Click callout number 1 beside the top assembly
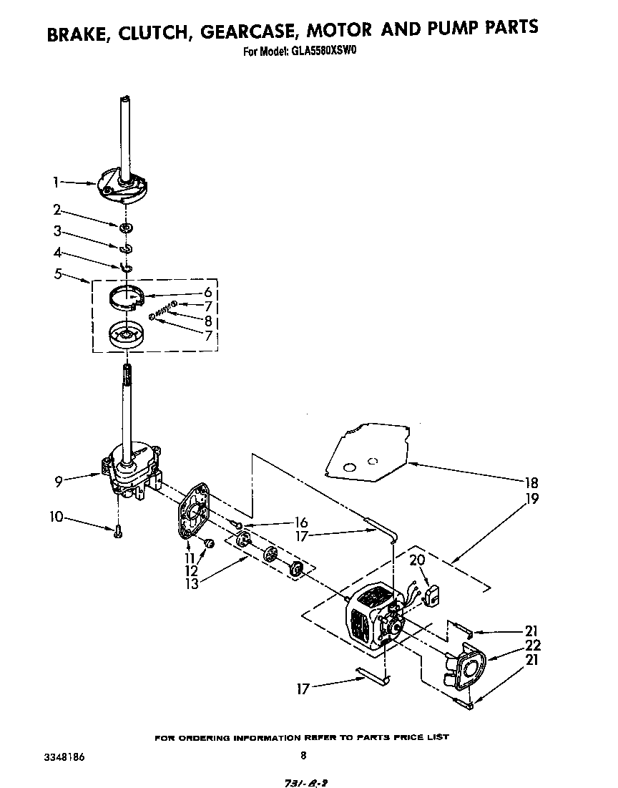point(56,183)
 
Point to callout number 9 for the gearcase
point(57,482)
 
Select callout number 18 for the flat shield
point(531,482)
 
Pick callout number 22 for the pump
point(532,646)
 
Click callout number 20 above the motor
point(417,561)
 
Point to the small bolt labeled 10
point(117,530)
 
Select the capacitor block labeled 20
point(433,595)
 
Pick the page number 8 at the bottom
point(303,754)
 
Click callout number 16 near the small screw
point(301,522)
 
